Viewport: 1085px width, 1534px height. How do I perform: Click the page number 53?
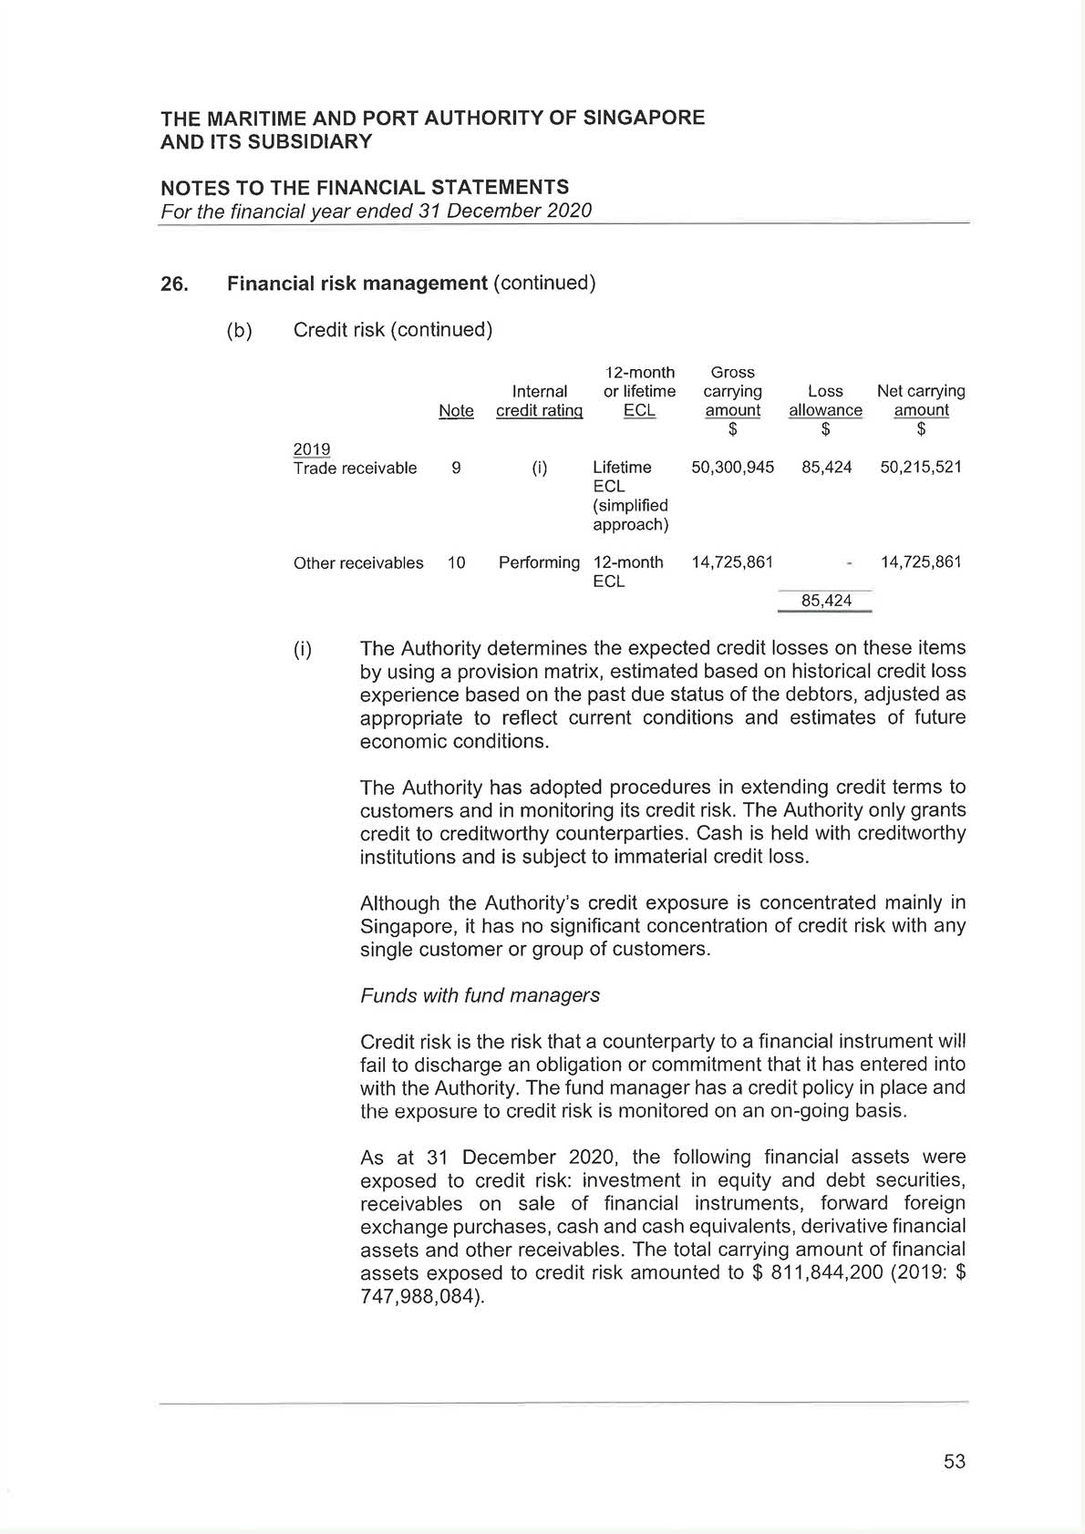(x=954, y=1461)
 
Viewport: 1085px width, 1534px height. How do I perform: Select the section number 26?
(x=174, y=284)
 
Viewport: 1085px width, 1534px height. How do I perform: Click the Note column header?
(x=456, y=411)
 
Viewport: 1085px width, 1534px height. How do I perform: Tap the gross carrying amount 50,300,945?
(x=732, y=468)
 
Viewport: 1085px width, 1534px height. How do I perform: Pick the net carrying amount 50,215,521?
(x=921, y=468)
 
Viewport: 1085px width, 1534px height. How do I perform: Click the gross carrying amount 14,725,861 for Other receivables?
(x=732, y=562)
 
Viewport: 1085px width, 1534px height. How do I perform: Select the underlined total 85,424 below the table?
(x=826, y=601)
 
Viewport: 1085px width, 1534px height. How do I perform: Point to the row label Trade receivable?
(x=355, y=468)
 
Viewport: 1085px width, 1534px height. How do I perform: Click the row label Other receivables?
(x=358, y=563)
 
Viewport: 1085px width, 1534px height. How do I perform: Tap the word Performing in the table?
(x=539, y=562)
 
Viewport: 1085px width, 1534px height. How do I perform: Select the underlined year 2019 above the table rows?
(x=312, y=448)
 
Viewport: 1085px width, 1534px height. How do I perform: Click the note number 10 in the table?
(x=456, y=562)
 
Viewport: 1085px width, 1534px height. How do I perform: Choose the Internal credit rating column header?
(x=539, y=401)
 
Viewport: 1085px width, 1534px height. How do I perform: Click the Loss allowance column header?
(x=825, y=401)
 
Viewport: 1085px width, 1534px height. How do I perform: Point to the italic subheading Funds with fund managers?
(x=480, y=995)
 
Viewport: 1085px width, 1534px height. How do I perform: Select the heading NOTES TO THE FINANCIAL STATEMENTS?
(x=365, y=188)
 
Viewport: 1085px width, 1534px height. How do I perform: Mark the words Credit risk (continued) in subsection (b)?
(x=393, y=330)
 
